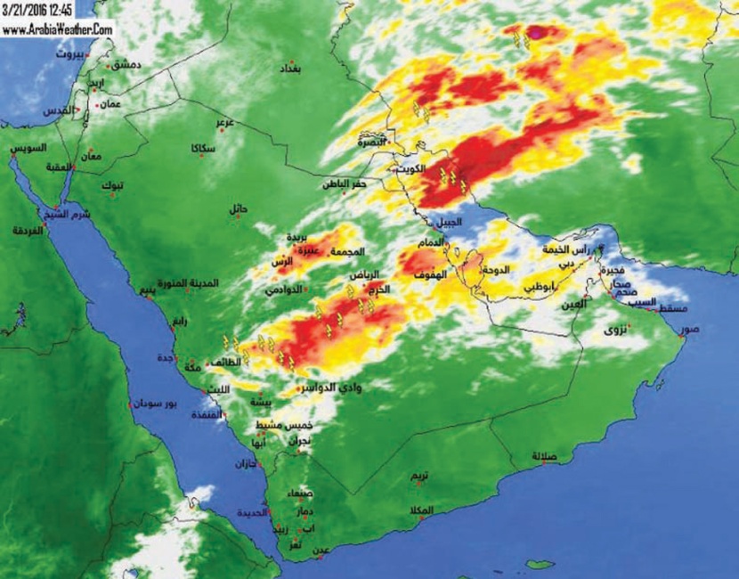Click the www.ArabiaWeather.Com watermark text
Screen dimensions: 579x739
coord(57,29)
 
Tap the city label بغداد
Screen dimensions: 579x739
coord(290,69)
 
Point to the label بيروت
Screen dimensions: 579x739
coord(68,54)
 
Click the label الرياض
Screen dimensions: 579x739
coord(363,276)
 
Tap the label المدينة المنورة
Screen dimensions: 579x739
coord(188,283)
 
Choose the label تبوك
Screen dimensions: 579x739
coord(112,184)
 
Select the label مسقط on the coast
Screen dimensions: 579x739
coord(670,308)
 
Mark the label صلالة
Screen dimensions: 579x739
coord(544,456)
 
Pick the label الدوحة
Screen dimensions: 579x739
coord(494,269)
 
